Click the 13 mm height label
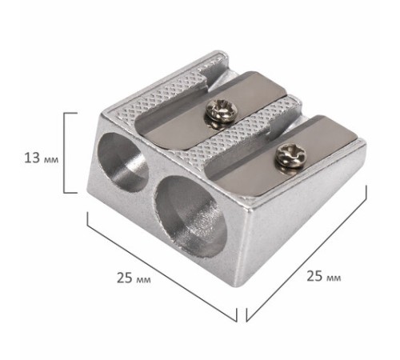tap(42, 158)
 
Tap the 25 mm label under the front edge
tap(134, 278)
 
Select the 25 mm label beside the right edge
tap(323, 276)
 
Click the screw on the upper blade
tap(221, 112)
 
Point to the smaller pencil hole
tap(122, 162)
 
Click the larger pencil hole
tap(190, 216)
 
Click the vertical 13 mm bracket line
tap(64, 153)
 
